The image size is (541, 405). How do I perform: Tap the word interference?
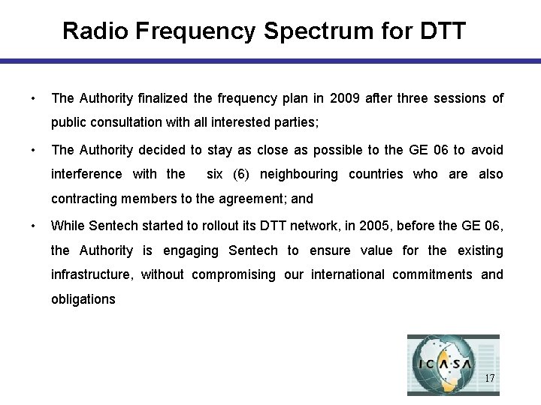click(86, 174)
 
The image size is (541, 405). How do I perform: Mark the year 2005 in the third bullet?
click(373, 226)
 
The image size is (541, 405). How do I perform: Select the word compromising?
click(234, 274)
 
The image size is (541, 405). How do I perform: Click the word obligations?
click(83, 299)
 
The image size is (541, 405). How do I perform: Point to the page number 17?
click(490, 378)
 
